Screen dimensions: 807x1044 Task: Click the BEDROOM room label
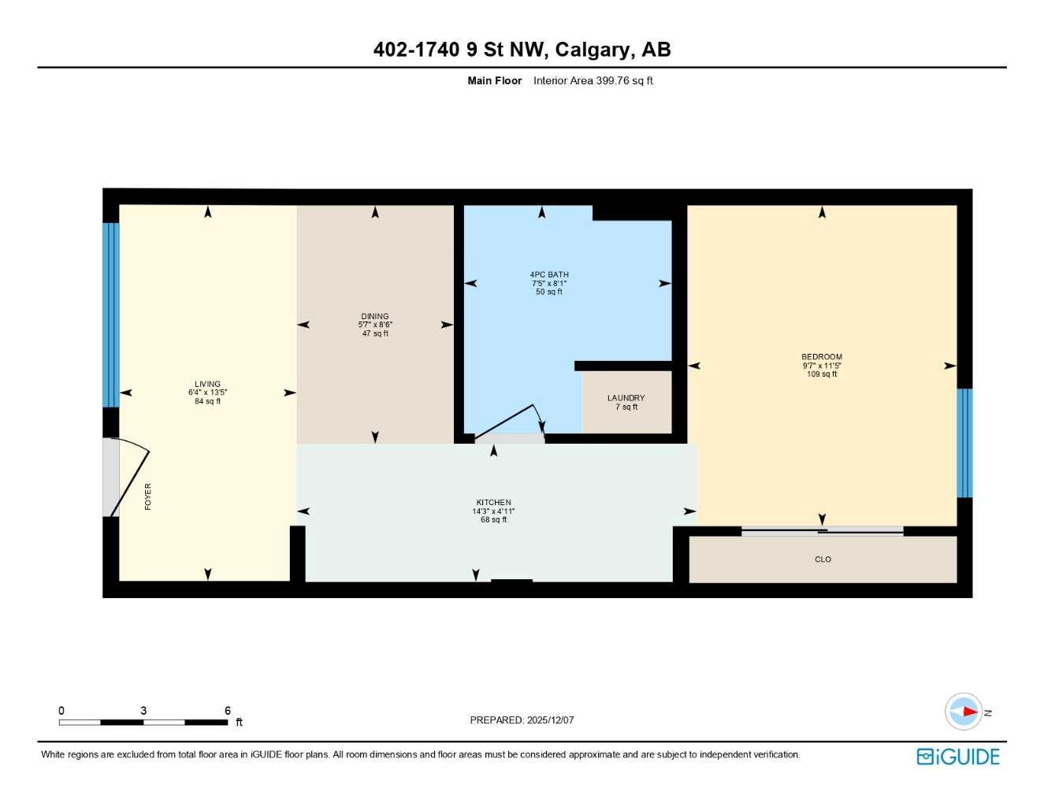[822, 357]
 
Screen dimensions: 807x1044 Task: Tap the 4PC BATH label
[549, 275]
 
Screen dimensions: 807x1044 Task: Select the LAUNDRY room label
[626, 398]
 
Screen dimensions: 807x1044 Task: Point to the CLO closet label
[823, 560]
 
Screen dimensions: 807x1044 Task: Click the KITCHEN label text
[493, 503]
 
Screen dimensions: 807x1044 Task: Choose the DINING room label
[375, 317]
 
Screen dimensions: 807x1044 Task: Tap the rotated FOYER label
[148, 496]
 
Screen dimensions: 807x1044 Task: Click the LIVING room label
[208, 385]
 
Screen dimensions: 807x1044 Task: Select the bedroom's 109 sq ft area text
[822, 374]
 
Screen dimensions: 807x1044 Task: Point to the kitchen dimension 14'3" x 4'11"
[493, 511]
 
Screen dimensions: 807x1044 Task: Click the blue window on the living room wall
[111, 314]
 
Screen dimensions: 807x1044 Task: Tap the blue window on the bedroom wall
[964, 443]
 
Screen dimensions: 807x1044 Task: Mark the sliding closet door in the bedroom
[822, 532]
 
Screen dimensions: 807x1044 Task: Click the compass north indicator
[964, 712]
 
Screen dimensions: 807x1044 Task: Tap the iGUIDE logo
[958, 757]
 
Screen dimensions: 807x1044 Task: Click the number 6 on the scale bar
[228, 711]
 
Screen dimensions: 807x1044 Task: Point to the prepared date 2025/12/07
[550, 720]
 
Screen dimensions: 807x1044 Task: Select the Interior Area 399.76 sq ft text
[593, 80]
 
